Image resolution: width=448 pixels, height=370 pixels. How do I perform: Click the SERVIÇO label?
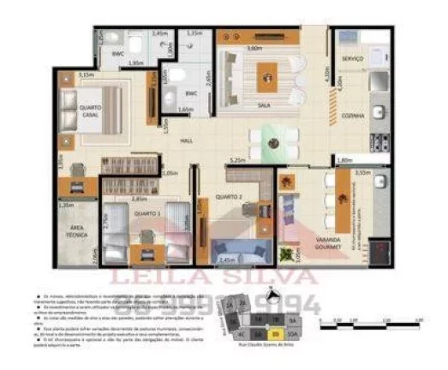[351, 58]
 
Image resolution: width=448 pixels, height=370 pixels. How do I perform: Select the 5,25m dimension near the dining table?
[239, 160]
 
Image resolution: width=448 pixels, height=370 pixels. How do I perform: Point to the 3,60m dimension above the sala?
[254, 48]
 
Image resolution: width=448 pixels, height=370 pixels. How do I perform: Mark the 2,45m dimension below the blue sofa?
[226, 259]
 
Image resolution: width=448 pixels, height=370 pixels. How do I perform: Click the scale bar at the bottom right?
[373, 325]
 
